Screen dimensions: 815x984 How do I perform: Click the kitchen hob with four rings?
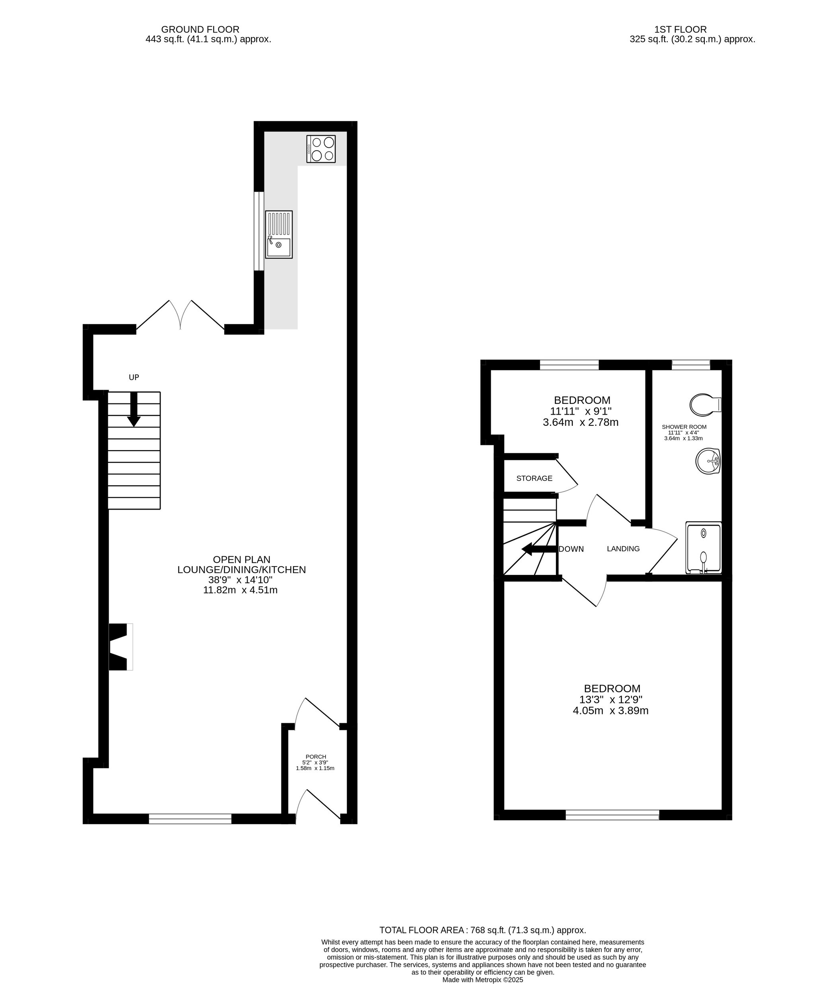[x=321, y=149]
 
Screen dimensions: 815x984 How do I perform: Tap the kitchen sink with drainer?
[x=279, y=234]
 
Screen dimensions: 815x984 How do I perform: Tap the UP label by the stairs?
[x=134, y=377]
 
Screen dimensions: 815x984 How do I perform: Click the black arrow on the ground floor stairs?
[x=134, y=409]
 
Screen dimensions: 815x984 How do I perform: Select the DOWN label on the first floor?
[x=571, y=549]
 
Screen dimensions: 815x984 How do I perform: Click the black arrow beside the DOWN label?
[x=539, y=549]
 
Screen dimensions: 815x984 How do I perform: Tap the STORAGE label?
[x=534, y=478]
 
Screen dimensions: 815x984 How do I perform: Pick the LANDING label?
[x=623, y=549]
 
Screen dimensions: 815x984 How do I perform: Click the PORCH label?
[x=316, y=757]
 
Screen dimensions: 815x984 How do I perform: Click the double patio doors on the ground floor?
[x=180, y=315]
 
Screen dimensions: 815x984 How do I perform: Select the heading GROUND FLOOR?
[x=200, y=29]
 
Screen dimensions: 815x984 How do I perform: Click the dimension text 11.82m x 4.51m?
[x=240, y=590]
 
